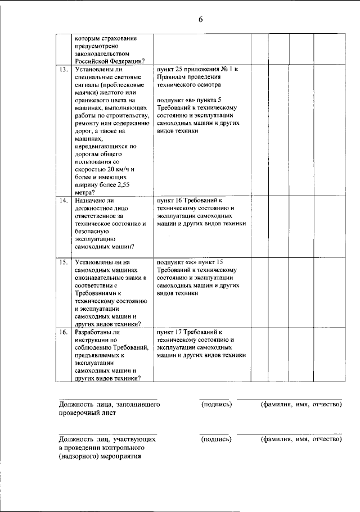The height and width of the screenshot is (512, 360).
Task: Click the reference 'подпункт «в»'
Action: (x=178, y=100)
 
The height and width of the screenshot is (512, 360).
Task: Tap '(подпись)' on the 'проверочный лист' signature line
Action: (x=216, y=404)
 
